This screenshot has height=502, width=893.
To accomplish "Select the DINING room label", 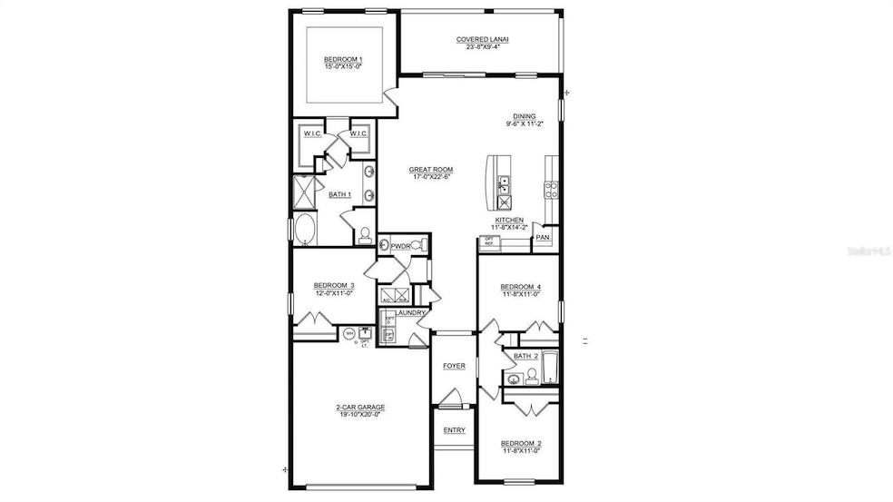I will click(x=525, y=116).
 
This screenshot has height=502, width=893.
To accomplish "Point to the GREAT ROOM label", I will click(x=431, y=170).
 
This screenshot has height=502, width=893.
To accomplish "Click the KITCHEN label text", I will click(x=509, y=220).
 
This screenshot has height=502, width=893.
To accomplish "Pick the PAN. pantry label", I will click(x=543, y=237).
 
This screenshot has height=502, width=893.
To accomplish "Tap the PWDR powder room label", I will click(x=400, y=246).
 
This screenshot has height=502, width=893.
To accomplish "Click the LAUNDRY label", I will click(x=411, y=312).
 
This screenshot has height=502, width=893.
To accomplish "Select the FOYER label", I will click(x=454, y=366).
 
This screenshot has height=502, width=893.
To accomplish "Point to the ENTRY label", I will click(x=454, y=430).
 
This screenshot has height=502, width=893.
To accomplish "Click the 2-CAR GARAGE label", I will click(x=357, y=408).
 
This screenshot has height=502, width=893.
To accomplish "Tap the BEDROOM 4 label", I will click(x=521, y=287).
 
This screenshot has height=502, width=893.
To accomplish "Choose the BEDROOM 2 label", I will click(x=521, y=443).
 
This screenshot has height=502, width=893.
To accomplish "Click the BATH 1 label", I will click(x=339, y=194).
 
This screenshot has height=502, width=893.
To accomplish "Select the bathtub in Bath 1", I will click(x=304, y=228).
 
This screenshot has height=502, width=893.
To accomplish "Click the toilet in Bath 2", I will click(x=532, y=377).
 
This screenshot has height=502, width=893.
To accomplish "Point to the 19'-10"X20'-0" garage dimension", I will click(x=357, y=415).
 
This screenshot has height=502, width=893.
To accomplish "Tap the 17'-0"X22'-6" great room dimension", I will click(x=431, y=177).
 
